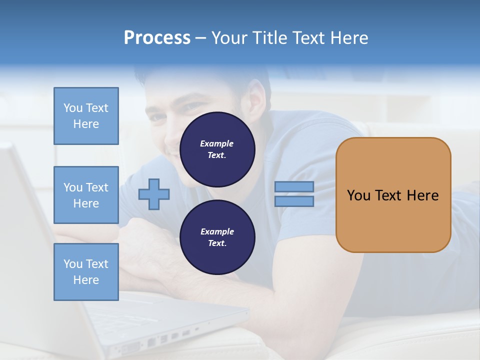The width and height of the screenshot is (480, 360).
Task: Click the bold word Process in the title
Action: [157, 38]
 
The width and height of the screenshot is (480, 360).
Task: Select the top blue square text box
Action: [86, 116]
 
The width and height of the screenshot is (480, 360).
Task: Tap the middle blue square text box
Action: [86, 195]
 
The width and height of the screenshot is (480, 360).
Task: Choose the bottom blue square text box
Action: [86, 272]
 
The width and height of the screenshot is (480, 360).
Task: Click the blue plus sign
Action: [154, 194]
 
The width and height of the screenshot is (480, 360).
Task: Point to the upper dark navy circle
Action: [217, 149]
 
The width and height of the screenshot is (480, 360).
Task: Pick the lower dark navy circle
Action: [217, 237]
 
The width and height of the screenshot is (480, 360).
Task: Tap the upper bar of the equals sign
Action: [294, 187]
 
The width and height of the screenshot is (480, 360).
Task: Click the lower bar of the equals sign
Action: [294, 201]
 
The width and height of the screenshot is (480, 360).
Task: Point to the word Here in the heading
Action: [349, 38]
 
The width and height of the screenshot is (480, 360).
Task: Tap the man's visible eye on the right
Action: [194, 106]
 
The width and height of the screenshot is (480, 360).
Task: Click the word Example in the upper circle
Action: [217, 143]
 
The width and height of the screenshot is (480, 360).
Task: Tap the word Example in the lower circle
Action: [217, 231]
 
